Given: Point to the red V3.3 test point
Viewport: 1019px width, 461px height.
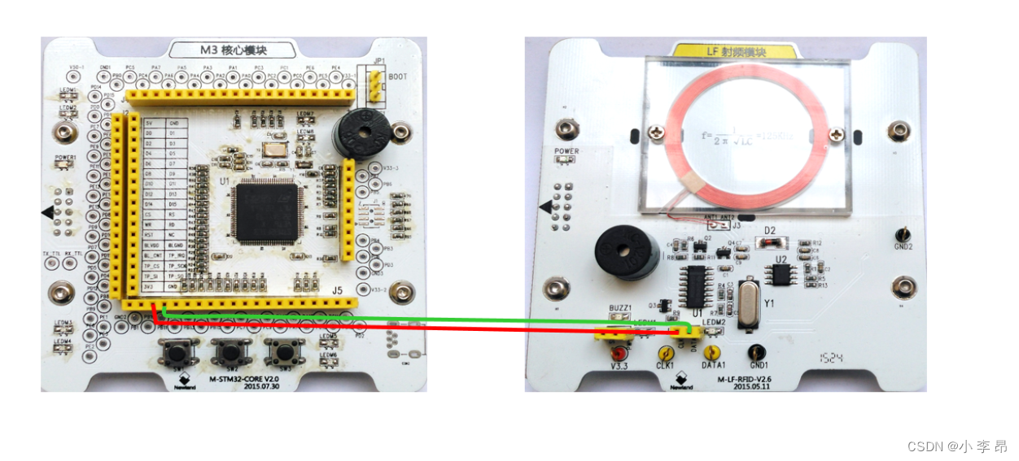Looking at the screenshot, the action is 619,354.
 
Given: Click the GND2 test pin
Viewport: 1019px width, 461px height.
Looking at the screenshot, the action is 903,233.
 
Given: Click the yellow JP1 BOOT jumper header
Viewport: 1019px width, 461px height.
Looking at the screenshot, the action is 375,85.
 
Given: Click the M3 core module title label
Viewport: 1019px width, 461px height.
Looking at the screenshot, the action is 232,50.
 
